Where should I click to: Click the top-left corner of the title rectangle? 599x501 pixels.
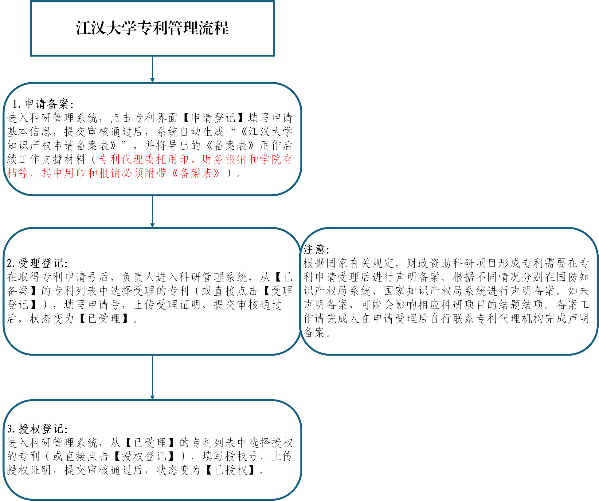pos(31,1)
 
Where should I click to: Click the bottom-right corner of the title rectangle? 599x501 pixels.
pos(274,56)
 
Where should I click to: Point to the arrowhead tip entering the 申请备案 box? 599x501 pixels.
pos(152,82)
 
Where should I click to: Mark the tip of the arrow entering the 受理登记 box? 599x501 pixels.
pos(152,227)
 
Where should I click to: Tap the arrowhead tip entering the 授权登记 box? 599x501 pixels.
pos(152,400)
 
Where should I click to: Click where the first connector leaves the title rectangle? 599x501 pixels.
pos(152,56)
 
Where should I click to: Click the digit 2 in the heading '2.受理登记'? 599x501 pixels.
pos(10,263)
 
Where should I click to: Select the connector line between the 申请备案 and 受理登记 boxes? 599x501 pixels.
pos(152,211)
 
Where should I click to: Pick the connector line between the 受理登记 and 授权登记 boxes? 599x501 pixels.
pos(152,377)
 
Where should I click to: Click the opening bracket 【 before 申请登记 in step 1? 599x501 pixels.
pos(186,118)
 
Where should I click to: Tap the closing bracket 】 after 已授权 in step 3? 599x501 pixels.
pos(252,470)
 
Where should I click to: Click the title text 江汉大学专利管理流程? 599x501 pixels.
pos(152,28)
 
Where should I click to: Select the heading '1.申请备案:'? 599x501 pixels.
pos(43,104)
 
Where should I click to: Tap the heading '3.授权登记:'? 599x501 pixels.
pos(37,429)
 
